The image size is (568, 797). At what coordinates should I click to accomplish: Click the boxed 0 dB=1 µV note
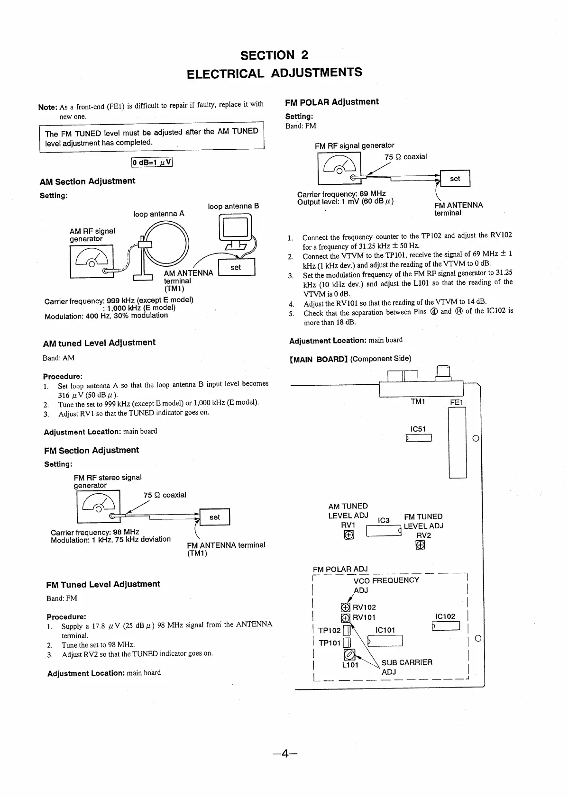(x=152, y=162)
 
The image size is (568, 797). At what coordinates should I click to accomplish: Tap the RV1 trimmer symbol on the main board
(x=348, y=535)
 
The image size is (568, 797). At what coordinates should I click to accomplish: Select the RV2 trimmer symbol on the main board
(x=420, y=545)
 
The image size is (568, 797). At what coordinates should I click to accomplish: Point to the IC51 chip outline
(x=419, y=438)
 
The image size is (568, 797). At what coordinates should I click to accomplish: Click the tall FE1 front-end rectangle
(x=457, y=443)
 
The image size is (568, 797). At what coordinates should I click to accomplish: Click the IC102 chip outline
(x=446, y=626)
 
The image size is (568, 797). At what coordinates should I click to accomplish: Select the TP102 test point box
(x=347, y=631)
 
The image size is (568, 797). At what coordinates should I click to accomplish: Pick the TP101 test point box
(x=347, y=643)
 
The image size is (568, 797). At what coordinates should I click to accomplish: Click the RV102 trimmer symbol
(x=346, y=607)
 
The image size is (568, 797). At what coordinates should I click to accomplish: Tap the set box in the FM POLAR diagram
(x=455, y=179)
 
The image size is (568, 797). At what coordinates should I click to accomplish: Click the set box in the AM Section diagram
(x=236, y=267)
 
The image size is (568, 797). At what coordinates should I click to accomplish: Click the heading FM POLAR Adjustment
(x=332, y=102)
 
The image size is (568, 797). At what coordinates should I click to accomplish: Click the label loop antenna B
(x=233, y=206)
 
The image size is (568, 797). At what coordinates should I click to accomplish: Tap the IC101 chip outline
(x=385, y=641)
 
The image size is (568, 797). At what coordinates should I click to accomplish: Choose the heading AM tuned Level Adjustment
(x=99, y=343)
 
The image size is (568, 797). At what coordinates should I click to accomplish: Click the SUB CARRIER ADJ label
(x=406, y=667)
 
